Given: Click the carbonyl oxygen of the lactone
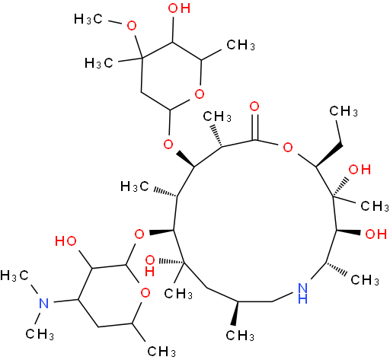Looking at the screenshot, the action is click(x=254, y=107).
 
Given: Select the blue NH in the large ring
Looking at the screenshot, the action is click(x=302, y=293).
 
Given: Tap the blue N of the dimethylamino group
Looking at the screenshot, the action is click(x=44, y=303).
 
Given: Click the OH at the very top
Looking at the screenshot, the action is click(x=179, y=8).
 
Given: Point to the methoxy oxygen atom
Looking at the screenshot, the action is click(x=132, y=26).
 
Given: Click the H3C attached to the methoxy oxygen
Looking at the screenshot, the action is click(x=88, y=19).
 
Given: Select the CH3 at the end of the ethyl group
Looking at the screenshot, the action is click(x=344, y=111).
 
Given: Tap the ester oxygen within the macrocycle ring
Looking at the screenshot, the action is click(x=288, y=147).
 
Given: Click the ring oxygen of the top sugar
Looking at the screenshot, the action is click(x=200, y=94).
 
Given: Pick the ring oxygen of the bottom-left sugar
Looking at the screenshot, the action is click(x=145, y=293).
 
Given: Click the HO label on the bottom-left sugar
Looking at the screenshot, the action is click(x=66, y=241).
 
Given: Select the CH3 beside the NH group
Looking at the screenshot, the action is click(x=365, y=280).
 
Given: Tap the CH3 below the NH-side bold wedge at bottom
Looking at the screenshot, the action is click(x=240, y=336).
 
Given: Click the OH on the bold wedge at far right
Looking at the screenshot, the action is click(x=376, y=234).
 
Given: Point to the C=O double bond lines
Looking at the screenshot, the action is click(x=256, y=127).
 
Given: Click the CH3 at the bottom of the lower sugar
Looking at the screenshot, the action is click(x=161, y=351).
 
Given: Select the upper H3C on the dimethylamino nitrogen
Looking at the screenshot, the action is click(x=14, y=276).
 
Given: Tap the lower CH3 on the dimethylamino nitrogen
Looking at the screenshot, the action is click(x=40, y=334).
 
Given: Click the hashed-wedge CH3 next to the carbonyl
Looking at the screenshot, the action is click(x=217, y=116).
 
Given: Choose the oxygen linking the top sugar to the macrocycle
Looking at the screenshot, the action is click(x=168, y=145).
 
